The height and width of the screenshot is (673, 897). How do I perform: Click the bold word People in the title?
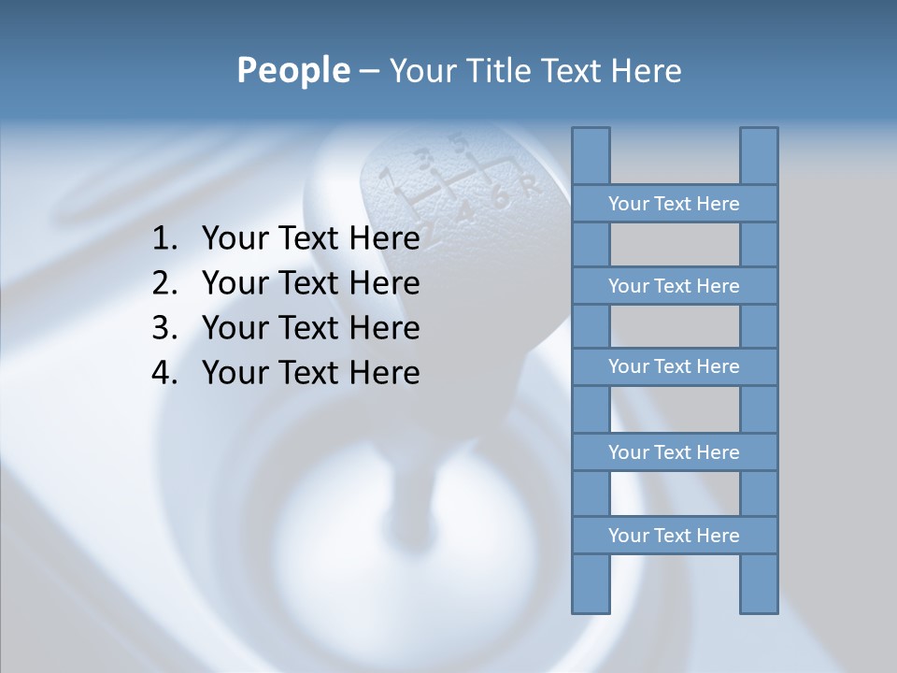pos(293,70)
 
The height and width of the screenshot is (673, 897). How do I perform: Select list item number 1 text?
pos(310,239)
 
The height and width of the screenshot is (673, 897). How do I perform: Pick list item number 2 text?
pos(310,283)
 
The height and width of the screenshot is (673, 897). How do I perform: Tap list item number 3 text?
pos(310,328)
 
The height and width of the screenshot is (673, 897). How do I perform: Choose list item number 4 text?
pos(310,373)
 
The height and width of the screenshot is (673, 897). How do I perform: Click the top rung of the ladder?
pos(674,204)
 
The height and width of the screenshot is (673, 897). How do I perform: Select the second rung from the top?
pos(674,286)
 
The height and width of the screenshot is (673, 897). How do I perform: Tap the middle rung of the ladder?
pos(674,366)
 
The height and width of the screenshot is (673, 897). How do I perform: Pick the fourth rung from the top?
pos(674,452)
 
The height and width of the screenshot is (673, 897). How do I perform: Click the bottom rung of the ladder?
pos(674,536)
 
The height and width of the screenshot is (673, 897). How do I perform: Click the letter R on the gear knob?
pos(531,185)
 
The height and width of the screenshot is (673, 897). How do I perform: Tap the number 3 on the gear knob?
pos(425,158)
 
